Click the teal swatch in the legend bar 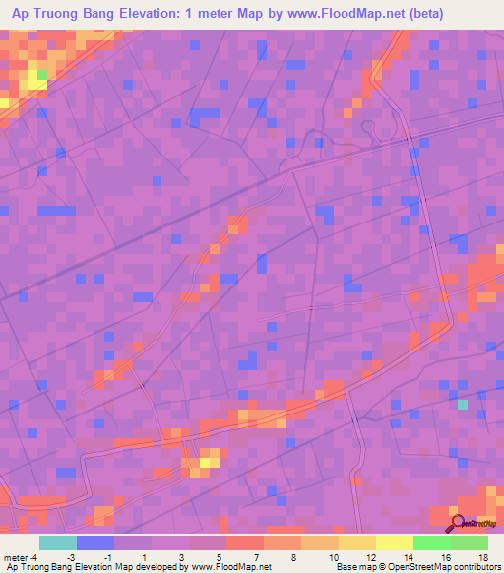(x=57, y=542)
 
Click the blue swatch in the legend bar (x=94, y=542)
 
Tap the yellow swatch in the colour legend (x=395, y=542)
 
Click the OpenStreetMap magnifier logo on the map (x=457, y=522)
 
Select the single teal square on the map (x=463, y=404)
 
